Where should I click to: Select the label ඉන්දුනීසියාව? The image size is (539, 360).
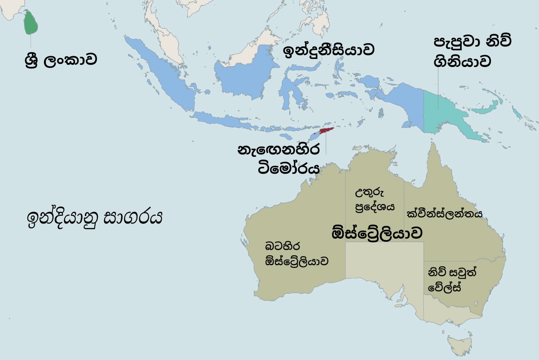click(328, 50)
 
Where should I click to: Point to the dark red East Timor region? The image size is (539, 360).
click(326, 132)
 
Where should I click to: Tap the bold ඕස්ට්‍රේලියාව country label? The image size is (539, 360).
click(376, 233)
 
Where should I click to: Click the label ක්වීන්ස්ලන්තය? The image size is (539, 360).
click(444, 213)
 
